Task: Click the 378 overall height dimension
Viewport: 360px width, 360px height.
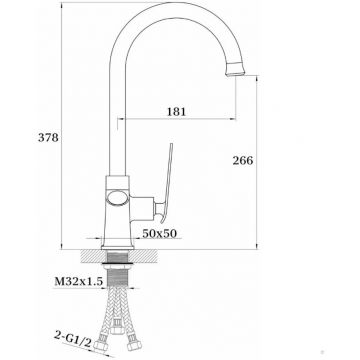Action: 48,137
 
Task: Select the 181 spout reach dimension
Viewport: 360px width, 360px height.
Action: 176,111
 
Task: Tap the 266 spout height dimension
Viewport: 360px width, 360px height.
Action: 243,160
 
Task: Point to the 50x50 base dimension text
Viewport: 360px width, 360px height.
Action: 159,233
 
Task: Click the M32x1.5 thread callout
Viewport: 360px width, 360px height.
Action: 78,282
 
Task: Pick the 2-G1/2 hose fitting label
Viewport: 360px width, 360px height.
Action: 73,339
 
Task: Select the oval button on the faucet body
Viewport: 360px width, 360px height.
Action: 118,197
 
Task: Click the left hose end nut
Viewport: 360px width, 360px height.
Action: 101,345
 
